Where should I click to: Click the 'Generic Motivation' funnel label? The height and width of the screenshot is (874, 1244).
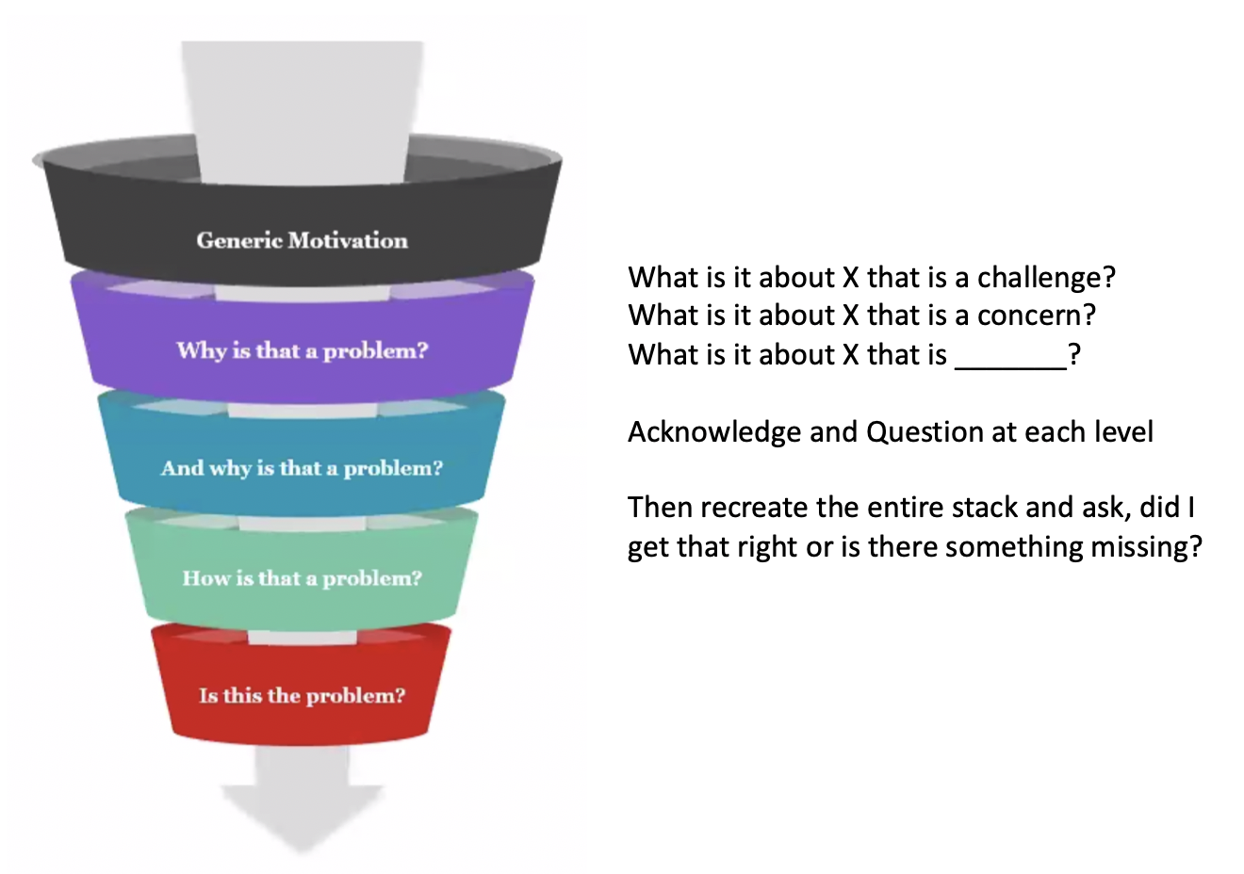point(303,240)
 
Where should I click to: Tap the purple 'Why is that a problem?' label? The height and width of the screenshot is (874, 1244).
point(303,350)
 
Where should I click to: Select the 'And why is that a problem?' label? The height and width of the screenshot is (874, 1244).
point(303,468)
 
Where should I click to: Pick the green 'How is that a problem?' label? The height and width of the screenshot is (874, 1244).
point(303,578)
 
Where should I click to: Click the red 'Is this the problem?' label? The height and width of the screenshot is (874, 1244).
point(303,695)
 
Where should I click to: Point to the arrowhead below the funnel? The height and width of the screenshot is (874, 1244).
point(303,817)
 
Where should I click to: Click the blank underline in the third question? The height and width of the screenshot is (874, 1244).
point(1010,367)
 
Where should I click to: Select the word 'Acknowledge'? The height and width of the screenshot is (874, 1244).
point(714,432)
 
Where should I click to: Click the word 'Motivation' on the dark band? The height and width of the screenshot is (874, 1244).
point(348,240)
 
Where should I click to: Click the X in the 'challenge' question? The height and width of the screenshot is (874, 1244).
point(851,278)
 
